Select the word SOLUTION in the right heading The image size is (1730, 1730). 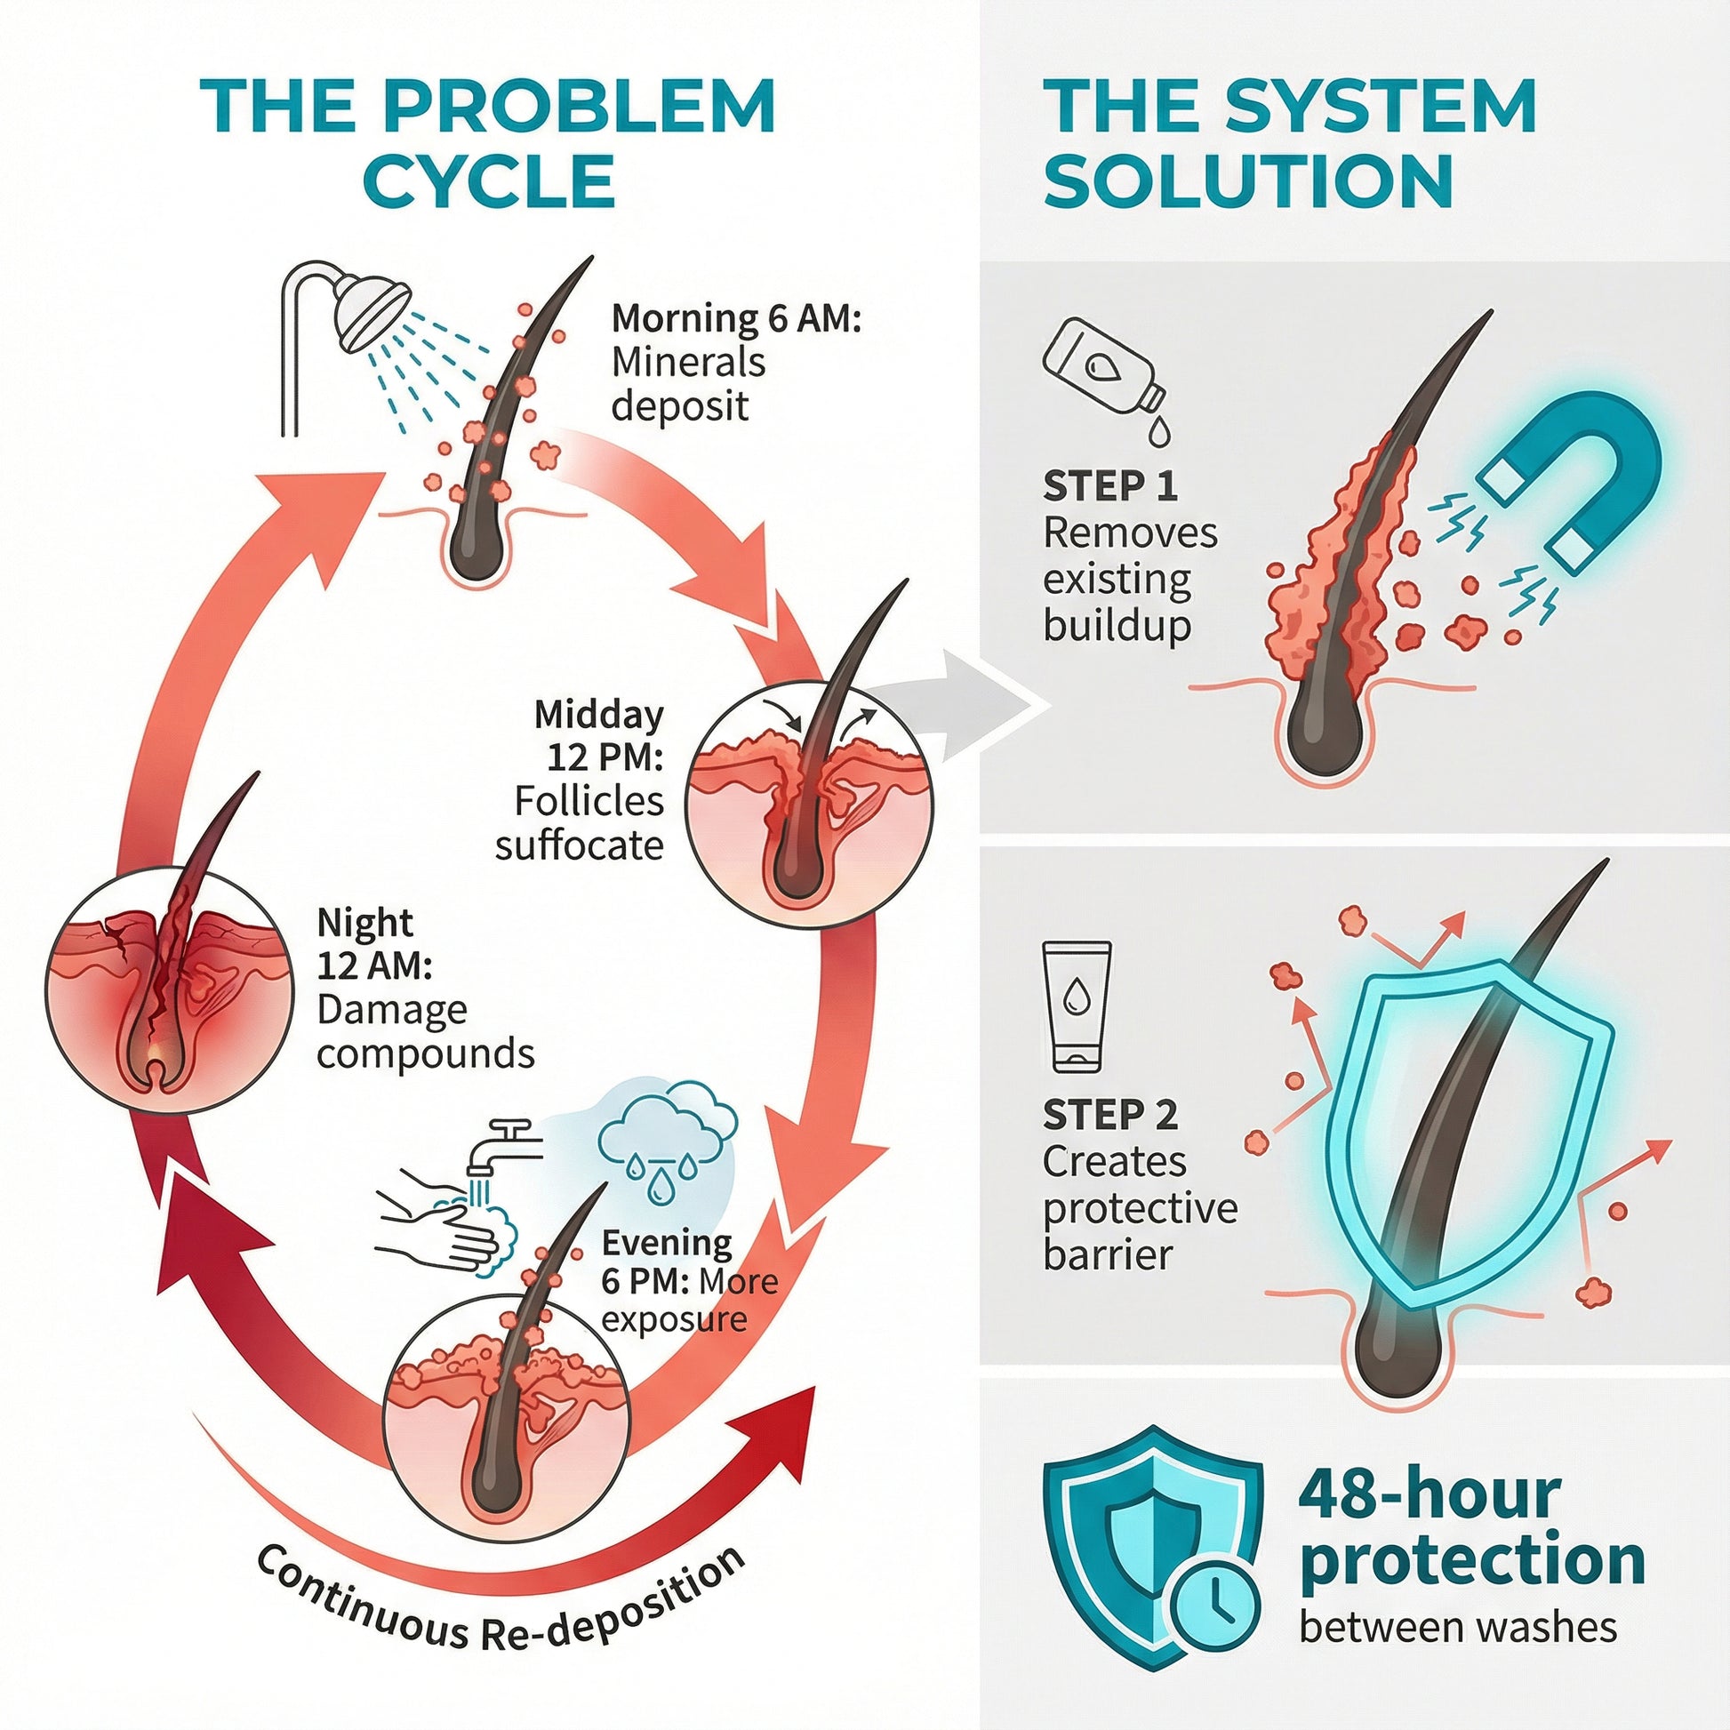coord(1248,181)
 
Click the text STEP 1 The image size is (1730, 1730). coord(1109,486)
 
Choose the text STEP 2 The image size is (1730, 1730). coord(1109,1116)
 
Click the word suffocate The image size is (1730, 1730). coord(580,845)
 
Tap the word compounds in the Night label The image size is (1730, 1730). coord(425,1054)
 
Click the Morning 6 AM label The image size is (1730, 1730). coord(736,318)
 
